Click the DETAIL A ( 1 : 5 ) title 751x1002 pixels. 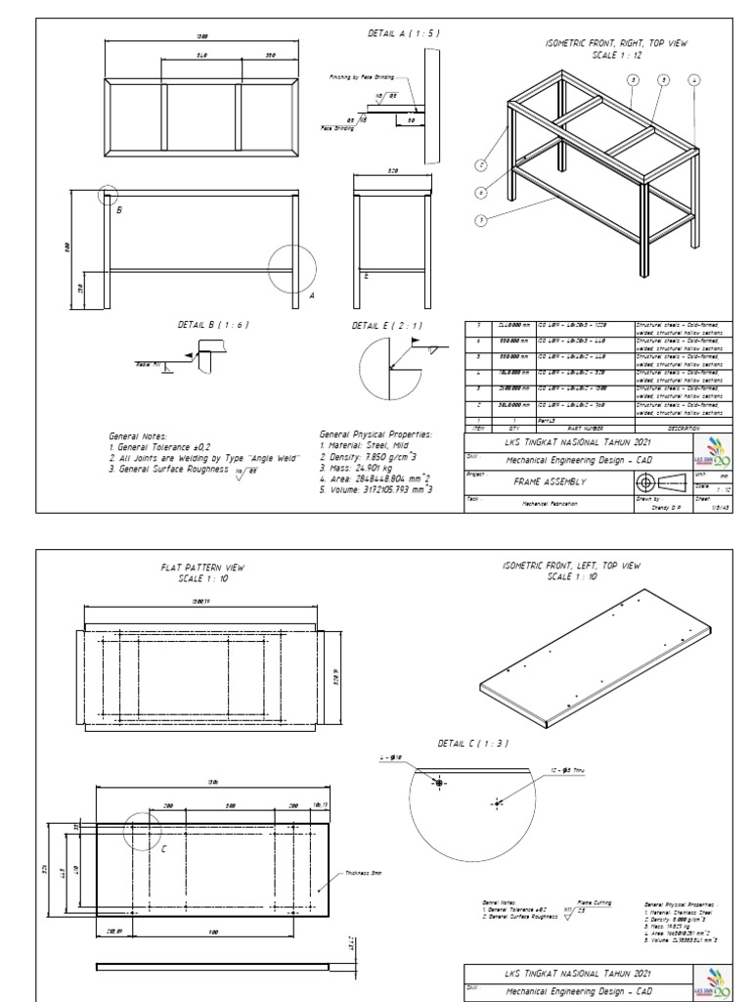(404, 32)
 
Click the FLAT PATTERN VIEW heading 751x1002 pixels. (202, 567)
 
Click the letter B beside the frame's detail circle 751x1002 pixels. (119, 209)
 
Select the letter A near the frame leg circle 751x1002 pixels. (312, 294)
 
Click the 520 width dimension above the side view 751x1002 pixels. (393, 170)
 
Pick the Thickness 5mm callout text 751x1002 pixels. (365, 874)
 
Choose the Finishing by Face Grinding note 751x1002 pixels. (362, 74)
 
